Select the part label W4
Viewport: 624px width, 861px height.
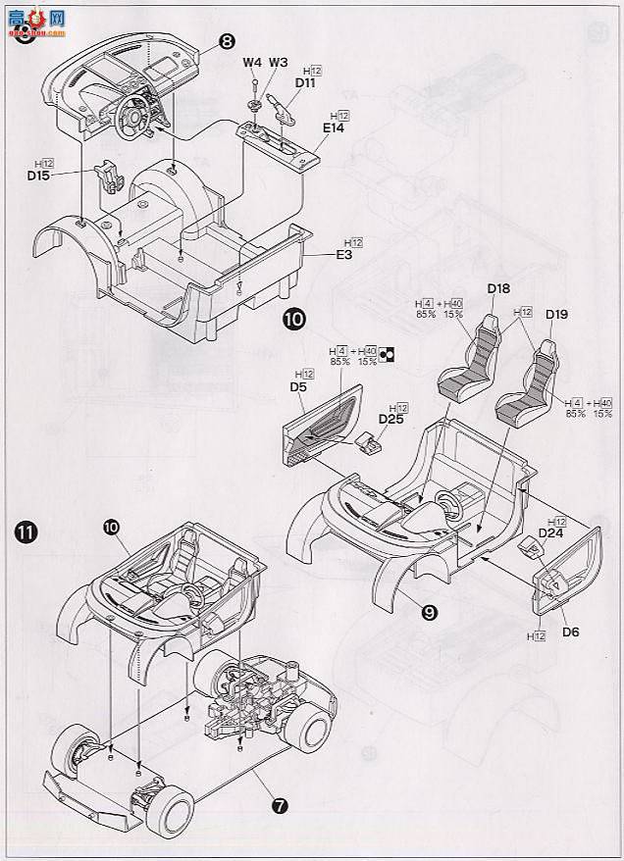tap(252, 63)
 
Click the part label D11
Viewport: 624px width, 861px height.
tap(305, 85)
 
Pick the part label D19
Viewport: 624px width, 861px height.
tap(556, 315)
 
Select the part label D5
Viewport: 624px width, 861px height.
tap(299, 387)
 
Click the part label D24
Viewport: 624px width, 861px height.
tap(549, 533)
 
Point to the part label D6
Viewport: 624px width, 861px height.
tap(571, 632)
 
